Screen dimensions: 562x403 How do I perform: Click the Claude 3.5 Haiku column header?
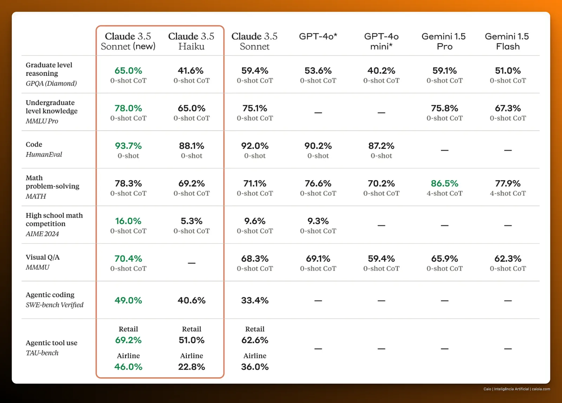[191, 41]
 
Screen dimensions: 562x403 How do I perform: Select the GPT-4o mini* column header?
[381, 41]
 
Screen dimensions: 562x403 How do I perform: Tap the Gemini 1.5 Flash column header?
[507, 41]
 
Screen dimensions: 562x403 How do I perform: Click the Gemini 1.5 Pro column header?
[444, 41]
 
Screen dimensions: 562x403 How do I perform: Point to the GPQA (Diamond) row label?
[51, 83]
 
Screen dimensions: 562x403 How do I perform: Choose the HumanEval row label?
[44, 154]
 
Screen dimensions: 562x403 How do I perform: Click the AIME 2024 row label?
[42, 234]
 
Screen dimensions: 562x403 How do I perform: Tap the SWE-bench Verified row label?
[54, 305]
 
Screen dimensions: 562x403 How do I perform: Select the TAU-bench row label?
[42, 353]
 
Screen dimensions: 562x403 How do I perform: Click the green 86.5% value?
[444, 183]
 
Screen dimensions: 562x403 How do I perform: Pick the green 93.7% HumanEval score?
[128, 146]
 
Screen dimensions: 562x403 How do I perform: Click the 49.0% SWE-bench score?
[128, 300]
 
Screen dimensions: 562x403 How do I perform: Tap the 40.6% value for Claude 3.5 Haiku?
[191, 300]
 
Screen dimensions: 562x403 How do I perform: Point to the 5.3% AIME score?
[191, 221]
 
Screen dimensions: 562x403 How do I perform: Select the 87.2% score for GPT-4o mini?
[381, 146]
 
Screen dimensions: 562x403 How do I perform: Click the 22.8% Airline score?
[191, 367]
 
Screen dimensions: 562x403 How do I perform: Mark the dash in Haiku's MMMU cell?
[191, 263]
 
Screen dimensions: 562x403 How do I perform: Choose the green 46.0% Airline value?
[128, 367]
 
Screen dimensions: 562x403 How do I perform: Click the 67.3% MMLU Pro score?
[508, 108]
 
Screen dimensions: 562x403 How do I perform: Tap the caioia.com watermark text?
[541, 389]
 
